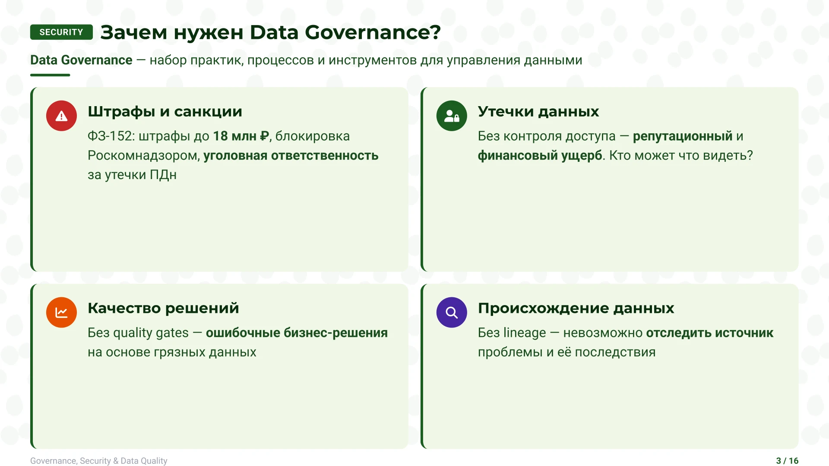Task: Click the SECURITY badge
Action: [61, 32]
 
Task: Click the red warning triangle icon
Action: [61, 116]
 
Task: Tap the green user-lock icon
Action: [452, 116]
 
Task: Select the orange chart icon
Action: [61, 312]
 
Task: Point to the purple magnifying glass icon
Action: [452, 312]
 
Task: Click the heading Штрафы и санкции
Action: [165, 112]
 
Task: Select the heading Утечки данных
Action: [538, 112]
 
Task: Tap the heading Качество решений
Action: [163, 308]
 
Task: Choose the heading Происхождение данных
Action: [576, 308]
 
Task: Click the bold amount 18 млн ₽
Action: [241, 136]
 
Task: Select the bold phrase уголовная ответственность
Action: [291, 156]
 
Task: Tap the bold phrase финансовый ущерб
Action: [540, 156]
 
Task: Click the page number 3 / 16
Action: [787, 461]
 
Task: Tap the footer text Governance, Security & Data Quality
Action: [99, 461]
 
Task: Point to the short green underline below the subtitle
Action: [50, 75]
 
